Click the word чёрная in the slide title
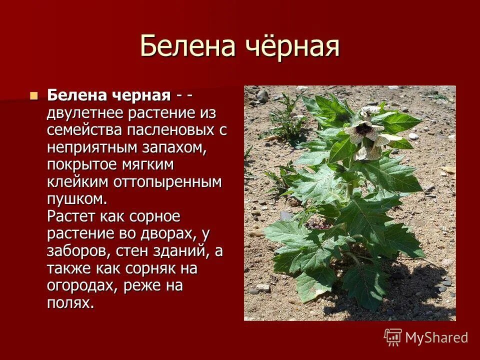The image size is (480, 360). coord(292,46)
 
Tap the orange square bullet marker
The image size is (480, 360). coord(34,95)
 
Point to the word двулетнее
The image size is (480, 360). coord(85,112)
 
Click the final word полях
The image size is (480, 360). coord(70,303)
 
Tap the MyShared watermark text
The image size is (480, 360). coord(436,337)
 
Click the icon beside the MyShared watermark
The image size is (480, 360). coord(393,337)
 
